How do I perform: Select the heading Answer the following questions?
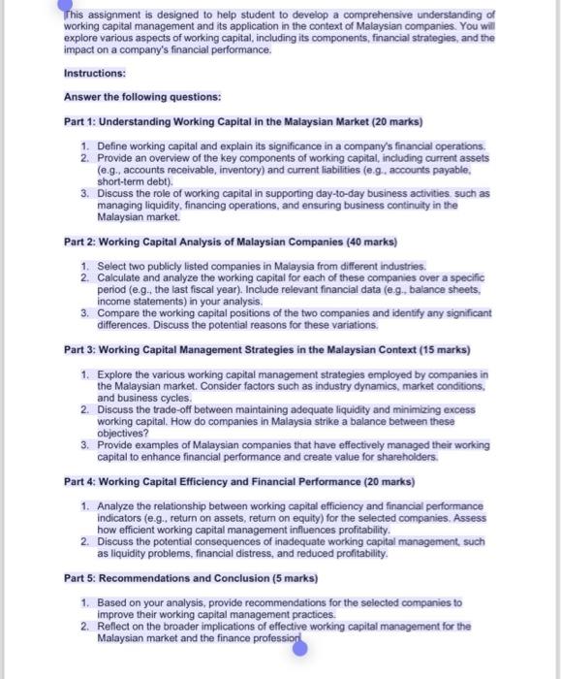click(142, 97)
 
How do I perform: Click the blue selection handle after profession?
click(299, 647)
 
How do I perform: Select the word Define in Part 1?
click(114, 145)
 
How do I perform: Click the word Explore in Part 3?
click(117, 374)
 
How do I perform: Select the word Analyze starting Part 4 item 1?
click(119, 505)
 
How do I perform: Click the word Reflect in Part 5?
click(117, 627)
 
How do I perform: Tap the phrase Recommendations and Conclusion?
click(191, 578)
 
